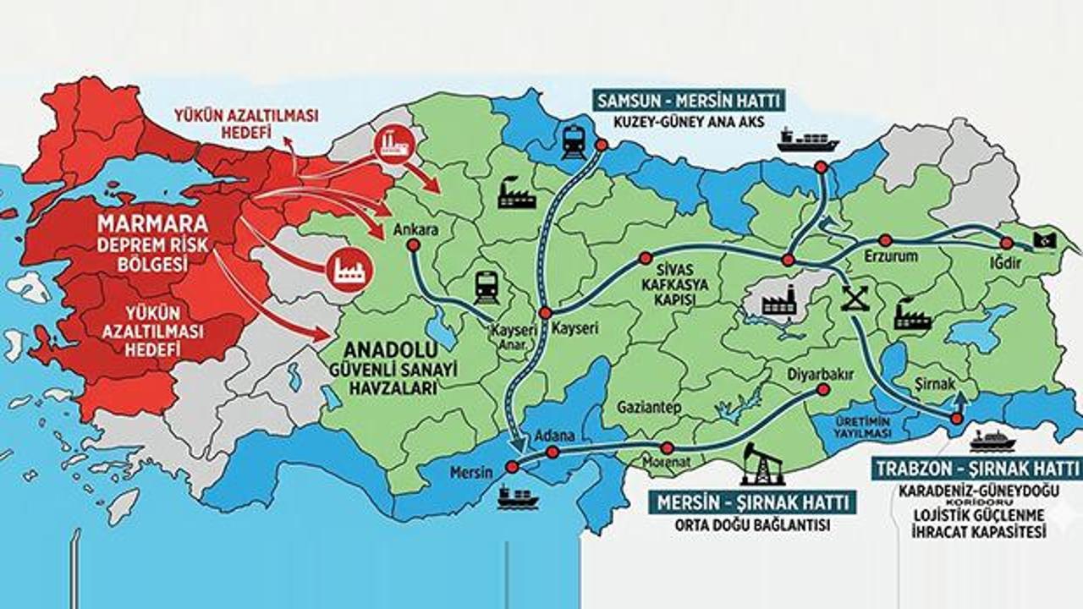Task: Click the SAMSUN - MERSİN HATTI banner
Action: pos(687,101)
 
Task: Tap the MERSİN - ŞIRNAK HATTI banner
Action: pos(751,503)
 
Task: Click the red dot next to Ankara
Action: pos(413,245)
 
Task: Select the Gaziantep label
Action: pos(649,407)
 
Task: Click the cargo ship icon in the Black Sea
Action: pos(808,140)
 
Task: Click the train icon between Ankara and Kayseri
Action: pos(487,288)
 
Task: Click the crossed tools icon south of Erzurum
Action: pos(855,298)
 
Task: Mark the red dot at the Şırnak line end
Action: pos(956,419)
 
